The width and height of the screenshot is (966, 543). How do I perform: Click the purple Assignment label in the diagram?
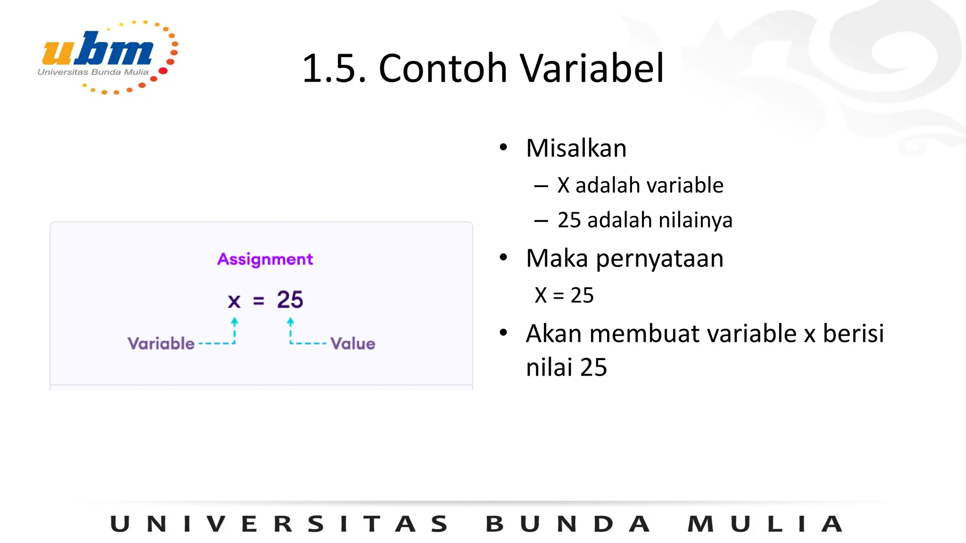click(x=265, y=259)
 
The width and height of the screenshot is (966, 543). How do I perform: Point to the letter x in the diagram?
click(x=234, y=300)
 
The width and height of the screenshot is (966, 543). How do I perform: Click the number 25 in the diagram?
click(x=290, y=300)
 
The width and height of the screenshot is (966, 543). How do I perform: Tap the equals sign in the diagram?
click(x=258, y=301)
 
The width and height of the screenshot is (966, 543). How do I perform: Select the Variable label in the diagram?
click(x=161, y=343)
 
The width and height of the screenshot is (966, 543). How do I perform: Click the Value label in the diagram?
click(x=353, y=344)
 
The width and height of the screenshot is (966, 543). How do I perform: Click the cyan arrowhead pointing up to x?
click(x=234, y=321)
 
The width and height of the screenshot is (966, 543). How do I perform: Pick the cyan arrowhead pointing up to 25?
click(x=291, y=321)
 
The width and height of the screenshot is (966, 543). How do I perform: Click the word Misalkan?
click(x=576, y=148)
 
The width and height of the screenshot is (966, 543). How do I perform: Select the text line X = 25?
click(x=564, y=296)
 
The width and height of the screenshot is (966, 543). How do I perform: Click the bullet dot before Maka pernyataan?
click(x=503, y=257)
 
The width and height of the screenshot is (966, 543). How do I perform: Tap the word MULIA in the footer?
click(x=764, y=524)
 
